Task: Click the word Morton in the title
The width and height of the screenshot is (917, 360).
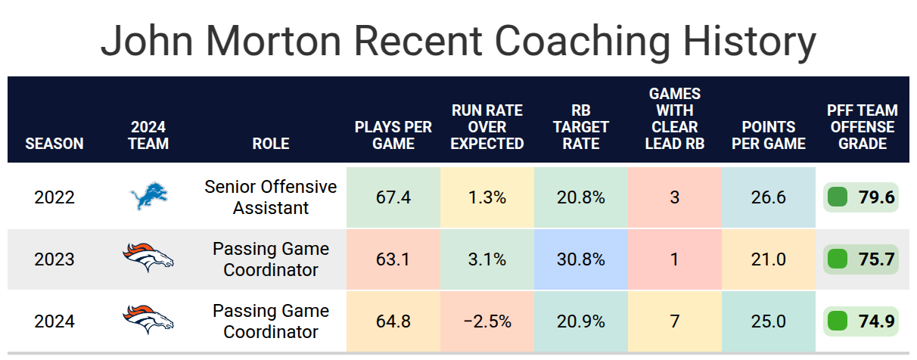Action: pyautogui.click(x=273, y=42)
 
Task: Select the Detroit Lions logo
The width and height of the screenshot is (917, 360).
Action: pyautogui.click(x=148, y=196)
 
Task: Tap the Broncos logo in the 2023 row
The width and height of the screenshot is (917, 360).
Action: pyautogui.click(x=148, y=258)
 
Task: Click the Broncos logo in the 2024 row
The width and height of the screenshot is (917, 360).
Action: pyautogui.click(x=148, y=319)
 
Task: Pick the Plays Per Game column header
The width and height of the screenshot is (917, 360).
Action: pyautogui.click(x=393, y=135)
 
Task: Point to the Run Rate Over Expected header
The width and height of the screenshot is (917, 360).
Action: pyautogui.click(x=487, y=127)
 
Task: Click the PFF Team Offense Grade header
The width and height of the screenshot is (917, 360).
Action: pyautogui.click(x=862, y=127)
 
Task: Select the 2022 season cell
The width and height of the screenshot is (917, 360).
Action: pyautogui.click(x=54, y=197)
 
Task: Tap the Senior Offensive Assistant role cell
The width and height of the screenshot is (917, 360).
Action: pyautogui.click(x=271, y=197)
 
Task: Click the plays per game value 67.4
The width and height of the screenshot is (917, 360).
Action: pyautogui.click(x=393, y=197)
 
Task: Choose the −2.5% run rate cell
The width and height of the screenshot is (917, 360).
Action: pyautogui.click(x=487, y=321)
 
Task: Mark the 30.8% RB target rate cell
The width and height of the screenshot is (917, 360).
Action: pyautogui.click(x=581, y=259)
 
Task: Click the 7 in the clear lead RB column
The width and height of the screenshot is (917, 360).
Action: pyautogui.click(x=675, y=321)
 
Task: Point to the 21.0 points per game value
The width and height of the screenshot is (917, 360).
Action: pyautogui.click(x=769, y=259)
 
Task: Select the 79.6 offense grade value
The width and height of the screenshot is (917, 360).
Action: pyautogui.click(x=876, y=197)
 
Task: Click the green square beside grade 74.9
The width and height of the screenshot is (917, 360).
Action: pyautogui.click(x=837, y=321)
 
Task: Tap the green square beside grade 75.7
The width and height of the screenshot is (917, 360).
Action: pyautogui.click(x=837, y=259)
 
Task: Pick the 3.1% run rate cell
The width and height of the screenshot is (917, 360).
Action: pyautogui.click(x=487, y=259)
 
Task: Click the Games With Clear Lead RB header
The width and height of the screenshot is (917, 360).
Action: pyautogui.click(x=675, y=119)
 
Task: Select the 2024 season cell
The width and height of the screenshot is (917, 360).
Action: pyautogui.click(x=54, y=321)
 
